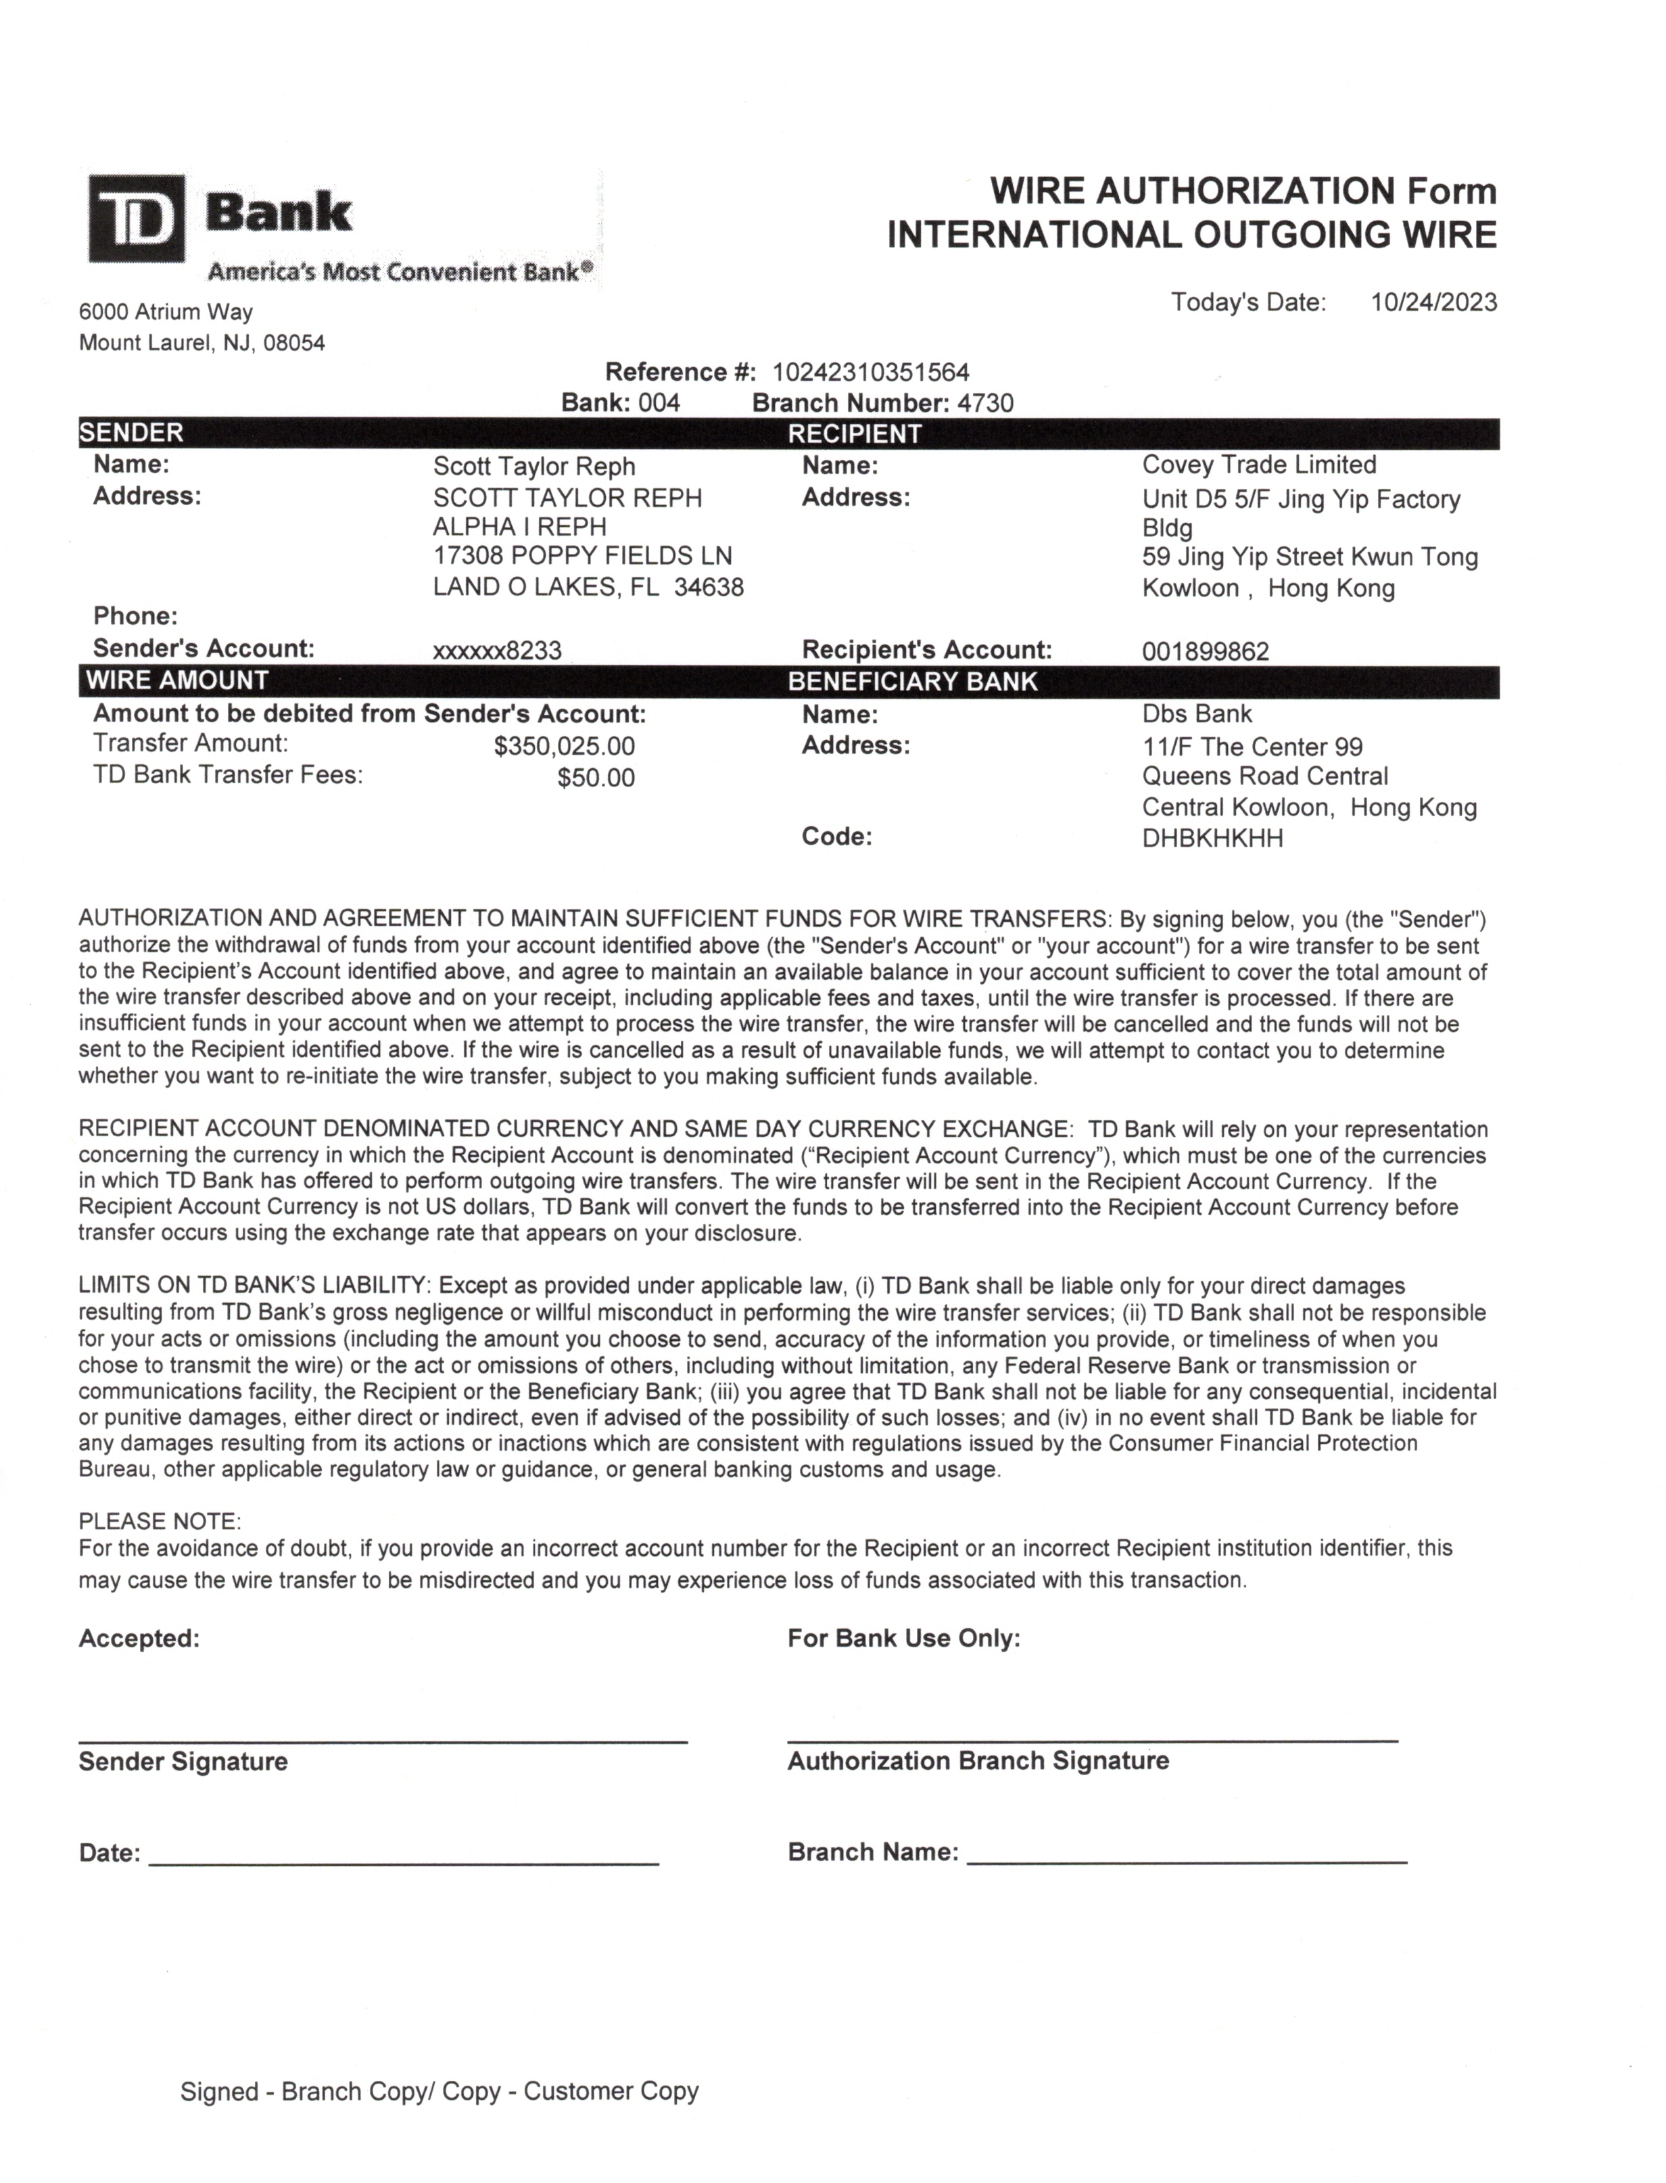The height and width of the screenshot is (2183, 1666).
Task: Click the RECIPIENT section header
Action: (854, 434)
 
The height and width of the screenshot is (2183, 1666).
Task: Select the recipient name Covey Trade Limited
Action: (1258, 465)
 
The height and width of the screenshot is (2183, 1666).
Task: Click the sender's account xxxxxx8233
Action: (497, 651)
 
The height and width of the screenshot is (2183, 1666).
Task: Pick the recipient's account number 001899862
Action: (1205, 652)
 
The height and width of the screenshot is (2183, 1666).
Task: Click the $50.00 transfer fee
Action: (595, 778)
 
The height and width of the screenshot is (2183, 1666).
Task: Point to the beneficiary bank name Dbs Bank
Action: (1196, 714)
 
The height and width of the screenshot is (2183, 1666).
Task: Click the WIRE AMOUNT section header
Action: (176, 680)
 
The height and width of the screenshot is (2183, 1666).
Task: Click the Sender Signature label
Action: (183, 1762)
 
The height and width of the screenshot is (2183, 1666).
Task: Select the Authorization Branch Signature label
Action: (978, 1760)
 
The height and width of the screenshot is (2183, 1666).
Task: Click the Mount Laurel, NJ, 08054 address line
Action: (201, 343)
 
